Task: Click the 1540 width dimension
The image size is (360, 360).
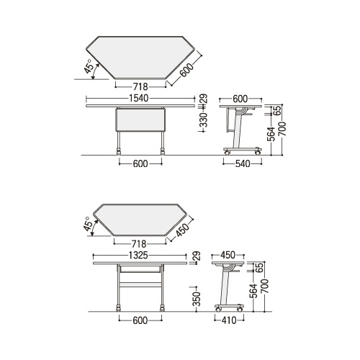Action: click(139, 98)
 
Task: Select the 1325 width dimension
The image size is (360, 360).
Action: click(138, 256)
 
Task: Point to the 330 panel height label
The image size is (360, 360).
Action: click(203, 120)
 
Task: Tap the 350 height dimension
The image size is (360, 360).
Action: click(197, 299)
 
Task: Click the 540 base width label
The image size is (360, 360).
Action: click(243, 164)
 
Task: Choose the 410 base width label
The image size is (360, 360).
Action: click(229, 320)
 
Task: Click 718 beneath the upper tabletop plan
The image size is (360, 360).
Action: click(140, 86)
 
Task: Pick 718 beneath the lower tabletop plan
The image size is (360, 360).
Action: click(139, 244)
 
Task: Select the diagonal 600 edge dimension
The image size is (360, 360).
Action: click(186, 70)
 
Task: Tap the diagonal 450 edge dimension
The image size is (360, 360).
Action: click(181, 230)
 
